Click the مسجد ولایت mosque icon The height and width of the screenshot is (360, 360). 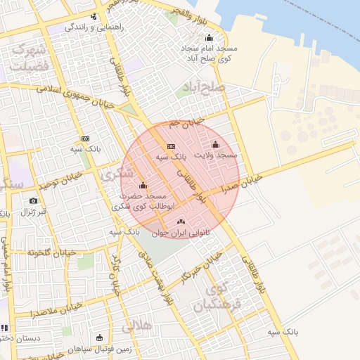point(215,144)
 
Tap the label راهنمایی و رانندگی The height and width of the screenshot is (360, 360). point(94,27)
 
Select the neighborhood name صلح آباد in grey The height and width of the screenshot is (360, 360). point(202,88)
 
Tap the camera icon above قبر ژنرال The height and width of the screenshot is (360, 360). point(33,201)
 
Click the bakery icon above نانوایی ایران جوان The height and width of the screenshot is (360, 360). point(171,221)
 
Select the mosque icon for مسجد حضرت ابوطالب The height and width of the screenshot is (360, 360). point(143,186)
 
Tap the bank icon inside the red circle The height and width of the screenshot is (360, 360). point(171,146)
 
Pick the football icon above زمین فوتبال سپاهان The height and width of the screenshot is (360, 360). point(99,337)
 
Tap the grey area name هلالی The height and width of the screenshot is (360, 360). point(137,326)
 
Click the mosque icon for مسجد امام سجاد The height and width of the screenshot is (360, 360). point(208,38)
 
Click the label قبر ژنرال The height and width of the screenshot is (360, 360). point(32,211)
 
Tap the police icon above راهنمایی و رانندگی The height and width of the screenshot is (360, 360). point(94,16)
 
